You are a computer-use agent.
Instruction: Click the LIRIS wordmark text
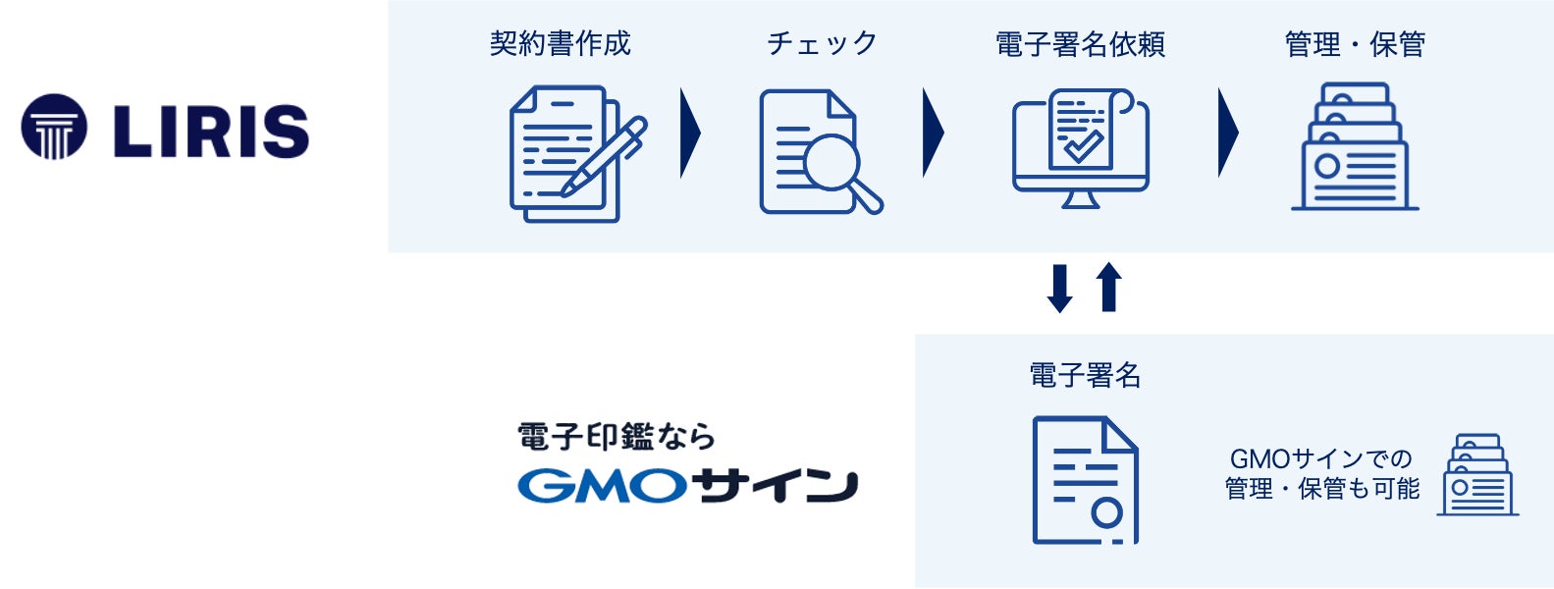pyautogui.click(x=211, y=131)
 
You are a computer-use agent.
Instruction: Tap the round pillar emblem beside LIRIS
pyautogui.click(x=54, y=127)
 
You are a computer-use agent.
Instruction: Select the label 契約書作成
pyautogui.click(x=560, y=44)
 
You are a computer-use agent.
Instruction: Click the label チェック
pyautogui.click(x=822, y=44)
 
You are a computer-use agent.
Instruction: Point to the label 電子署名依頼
pyautogui.click(x=1080, y=44)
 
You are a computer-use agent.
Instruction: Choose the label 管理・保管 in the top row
pyautogui.click(x=1355, y=44)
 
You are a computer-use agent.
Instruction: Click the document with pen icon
pyautogui.click(x=574, y=152)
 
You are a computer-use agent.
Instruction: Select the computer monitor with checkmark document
pyautogui.click(x=1080, y=147)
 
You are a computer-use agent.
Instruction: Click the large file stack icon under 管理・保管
pyautogui.click(x=1355, y=147)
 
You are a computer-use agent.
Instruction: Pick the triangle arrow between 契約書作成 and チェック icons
pyautogui.click(x=690, y=133)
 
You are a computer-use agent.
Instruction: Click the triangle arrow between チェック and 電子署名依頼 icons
pyautogui.click(x=933, y=133)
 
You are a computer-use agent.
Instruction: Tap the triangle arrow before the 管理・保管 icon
pyautogui.click(x=1227, y=133)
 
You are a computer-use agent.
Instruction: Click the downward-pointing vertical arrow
pyautogui.click(x=1059, y=289)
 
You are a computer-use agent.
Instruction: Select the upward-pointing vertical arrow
pyautogui.click(x=1108, y=287)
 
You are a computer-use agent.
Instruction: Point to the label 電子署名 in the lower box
pyautogui.click(x=1085, y=375)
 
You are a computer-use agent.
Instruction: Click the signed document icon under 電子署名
pyautogui.click(x=1085, y=480)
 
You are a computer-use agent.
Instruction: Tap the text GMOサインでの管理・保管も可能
pyautogui.click(x=1321, y=473)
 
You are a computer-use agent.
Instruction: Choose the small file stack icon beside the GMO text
pyautogui.click(x=1478, y=475)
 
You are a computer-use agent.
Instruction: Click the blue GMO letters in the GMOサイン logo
pyautogui.click(x=602, y=486)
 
